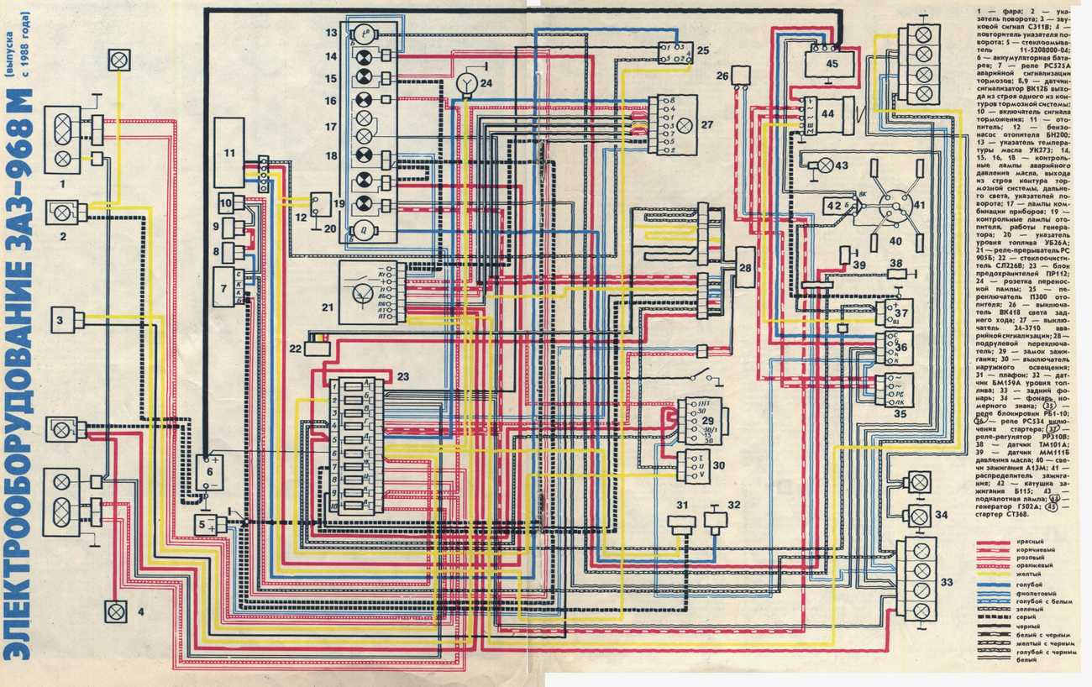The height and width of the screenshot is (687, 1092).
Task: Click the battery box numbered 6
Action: click(x=210, y=472)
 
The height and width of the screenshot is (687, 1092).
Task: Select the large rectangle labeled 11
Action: click(x=228, y=152)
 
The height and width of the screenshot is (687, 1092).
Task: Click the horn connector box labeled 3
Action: click(x=68, y=320)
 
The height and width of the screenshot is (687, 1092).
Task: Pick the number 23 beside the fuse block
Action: click(x=402, y=377)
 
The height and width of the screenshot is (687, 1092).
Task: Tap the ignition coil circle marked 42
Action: click(x=833, y=206)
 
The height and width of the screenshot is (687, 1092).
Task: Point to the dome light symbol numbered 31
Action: click(x=680, y=522)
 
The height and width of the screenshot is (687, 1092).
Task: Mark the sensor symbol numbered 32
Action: click(x=716, y=520)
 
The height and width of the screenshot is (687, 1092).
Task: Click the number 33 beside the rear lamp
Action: click(x=948, y=581)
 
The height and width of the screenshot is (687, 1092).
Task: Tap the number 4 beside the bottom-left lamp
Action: click(x=140, y=611)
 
